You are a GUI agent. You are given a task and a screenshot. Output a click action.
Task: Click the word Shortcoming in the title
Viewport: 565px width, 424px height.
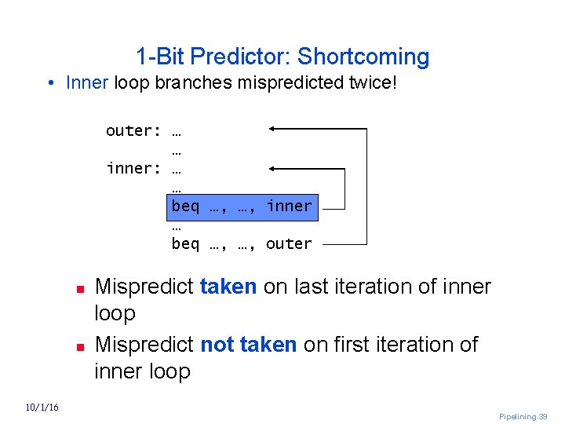point(363,57)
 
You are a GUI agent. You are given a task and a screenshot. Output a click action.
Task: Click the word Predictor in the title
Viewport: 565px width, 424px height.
point(240,57)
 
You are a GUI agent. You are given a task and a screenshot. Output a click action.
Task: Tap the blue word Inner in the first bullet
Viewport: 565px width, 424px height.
point(87,82)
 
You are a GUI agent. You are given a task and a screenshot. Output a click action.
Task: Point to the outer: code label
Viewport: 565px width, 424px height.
point(134,130)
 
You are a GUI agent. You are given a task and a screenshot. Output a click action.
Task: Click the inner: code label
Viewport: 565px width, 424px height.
point(134,168)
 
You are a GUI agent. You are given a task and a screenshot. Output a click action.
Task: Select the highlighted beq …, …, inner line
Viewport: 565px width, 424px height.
point(242,207)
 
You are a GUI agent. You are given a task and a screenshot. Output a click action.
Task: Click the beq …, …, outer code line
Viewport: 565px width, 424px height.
point(242,244)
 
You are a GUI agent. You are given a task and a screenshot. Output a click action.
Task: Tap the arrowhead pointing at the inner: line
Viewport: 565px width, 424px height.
point(272,167)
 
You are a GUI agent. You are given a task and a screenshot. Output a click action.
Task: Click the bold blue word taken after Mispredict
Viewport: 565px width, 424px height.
point(228,287)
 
